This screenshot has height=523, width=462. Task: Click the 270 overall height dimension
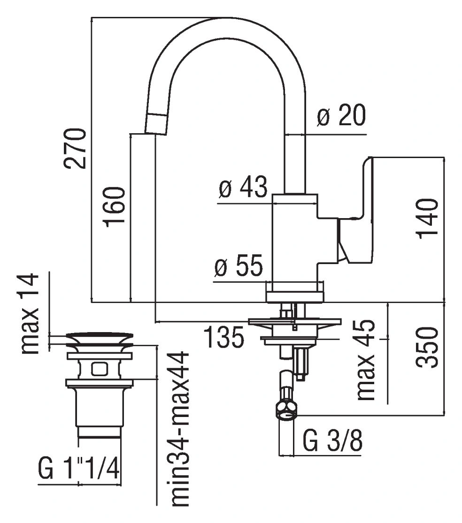[x=75, y=148]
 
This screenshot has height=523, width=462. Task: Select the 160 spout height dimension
[x=115, y=207]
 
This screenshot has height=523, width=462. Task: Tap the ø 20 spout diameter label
[x=341, y=115]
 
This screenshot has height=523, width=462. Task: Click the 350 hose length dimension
[x=427, y=348]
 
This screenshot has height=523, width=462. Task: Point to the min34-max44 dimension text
[x=180, y=433]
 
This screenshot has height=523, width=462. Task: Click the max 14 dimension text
[x=29, y=313]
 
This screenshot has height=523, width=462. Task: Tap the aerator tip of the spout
[x=156, y=124]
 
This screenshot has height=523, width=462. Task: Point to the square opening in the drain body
[x=100, y=369]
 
